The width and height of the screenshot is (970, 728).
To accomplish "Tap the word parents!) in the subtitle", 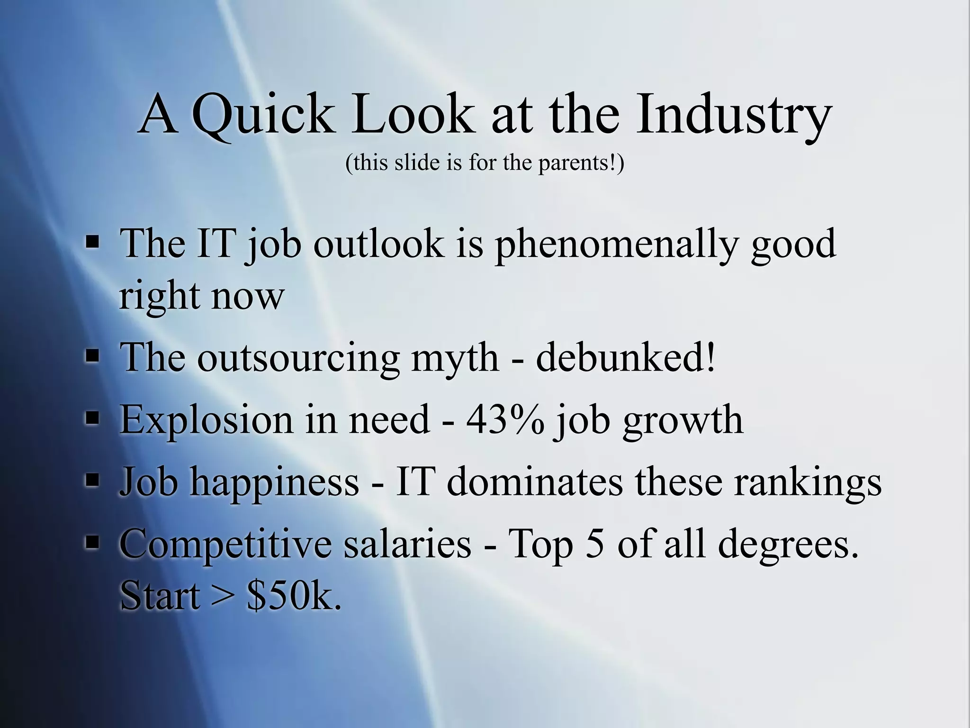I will click(581, 163).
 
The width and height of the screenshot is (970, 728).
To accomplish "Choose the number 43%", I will click(505, 420).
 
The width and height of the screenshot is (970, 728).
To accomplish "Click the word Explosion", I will click(207, 420).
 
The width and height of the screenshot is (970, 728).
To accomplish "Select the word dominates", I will click(535, 482).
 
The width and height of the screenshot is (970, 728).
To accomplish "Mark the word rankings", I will click(808, 482).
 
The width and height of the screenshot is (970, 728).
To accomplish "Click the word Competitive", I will click(225, 544).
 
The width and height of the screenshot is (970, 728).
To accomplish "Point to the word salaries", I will click(407, 544).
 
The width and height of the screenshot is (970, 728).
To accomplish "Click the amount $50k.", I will click(294, 596).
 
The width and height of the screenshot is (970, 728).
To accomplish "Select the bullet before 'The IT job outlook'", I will click(92, 244).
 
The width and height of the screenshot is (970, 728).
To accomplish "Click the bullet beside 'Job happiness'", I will click(92, 481).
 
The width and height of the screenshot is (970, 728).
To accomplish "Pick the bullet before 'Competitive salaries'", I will click(92, 543).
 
